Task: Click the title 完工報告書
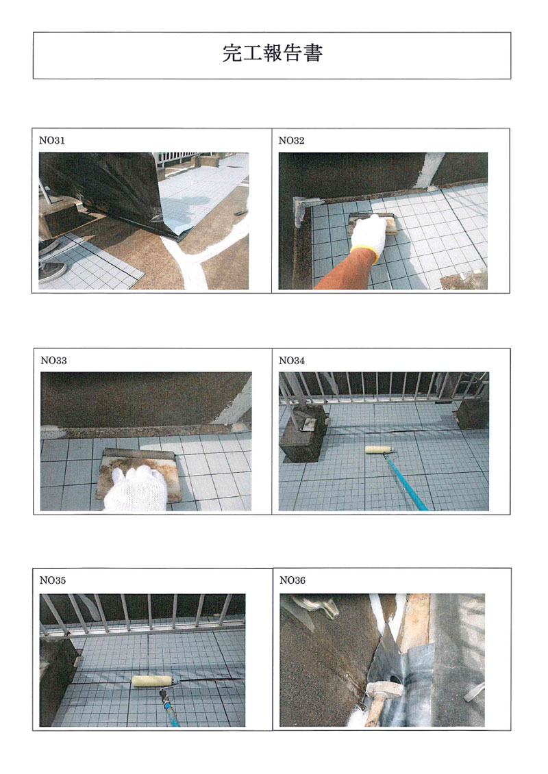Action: [272, 53]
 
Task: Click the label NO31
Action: [52, 140]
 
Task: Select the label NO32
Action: [292, 140]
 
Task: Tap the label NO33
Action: [53, 361]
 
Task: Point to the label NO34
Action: [292, 361]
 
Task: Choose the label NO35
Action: [52, 580]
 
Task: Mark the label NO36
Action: [292, 580]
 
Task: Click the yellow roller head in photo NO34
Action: [379, 450]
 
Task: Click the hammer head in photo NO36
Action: [384, 688]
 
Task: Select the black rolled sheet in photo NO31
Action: [106, 190]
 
